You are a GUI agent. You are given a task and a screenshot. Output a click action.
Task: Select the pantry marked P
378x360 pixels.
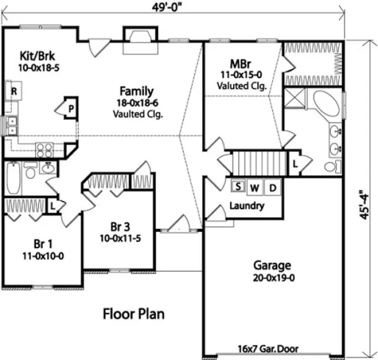[x=70, y=110]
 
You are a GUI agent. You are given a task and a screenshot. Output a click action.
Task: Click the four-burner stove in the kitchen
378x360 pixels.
[x=44, y=149]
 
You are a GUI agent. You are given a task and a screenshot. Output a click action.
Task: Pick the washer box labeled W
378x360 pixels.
[x=255, y=188]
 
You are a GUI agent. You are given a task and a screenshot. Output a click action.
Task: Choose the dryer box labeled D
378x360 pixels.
[x=273, y=188]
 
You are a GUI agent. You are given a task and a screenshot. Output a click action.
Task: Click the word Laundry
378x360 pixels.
[x=247, y=206]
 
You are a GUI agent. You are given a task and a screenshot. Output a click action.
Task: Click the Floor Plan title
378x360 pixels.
[x=133, y=314]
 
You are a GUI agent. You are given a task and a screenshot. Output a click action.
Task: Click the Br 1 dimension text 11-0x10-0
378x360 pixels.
[x=43, y=255]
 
